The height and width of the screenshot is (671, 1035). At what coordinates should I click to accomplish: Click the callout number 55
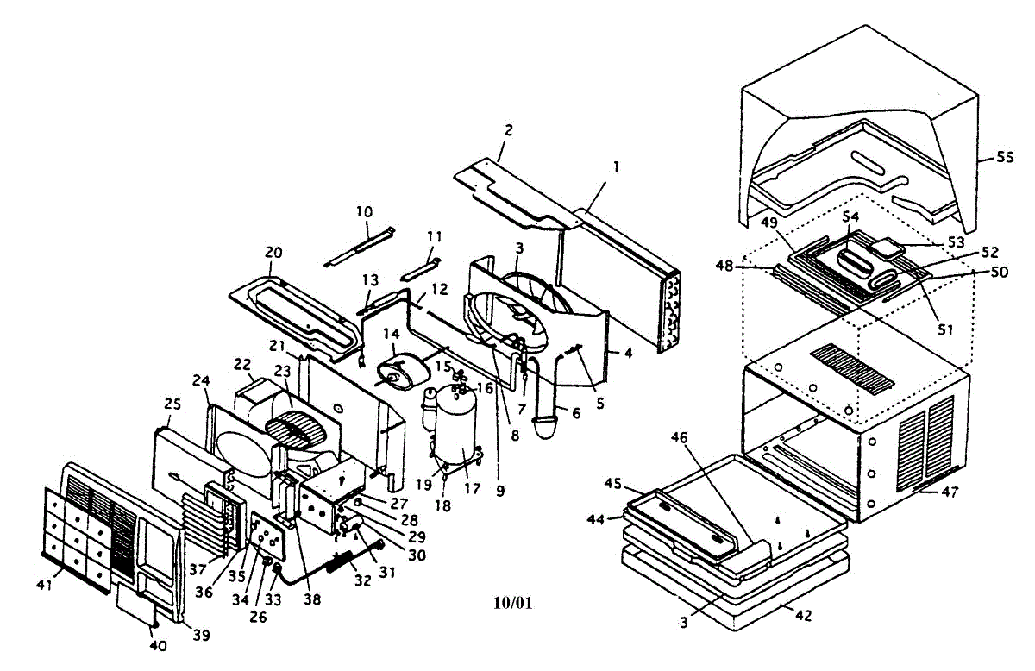[x=1005, y=158]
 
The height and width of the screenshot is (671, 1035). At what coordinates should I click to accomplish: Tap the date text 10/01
[x=513, y=603]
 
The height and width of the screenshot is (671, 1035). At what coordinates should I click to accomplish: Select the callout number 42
[x=804, y=615]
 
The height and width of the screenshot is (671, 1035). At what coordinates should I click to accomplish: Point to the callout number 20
[x=273, y=253]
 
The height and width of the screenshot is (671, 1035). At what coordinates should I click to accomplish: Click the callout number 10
[x=364, y=212]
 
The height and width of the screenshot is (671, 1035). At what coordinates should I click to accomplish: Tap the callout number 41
[x=44, y=585]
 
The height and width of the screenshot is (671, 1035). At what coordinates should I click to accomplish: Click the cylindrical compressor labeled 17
[x=456, y=425]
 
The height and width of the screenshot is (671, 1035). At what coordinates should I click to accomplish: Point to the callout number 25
[x=172, y=404]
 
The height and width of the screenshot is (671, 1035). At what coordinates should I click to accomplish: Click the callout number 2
[x=508, y=130]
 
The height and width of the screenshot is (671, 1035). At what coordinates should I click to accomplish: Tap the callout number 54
[x=850, y=216]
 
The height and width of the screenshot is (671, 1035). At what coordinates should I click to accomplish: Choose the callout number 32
[x=363, y=581]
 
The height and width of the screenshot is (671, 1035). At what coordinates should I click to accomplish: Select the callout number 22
[x=242, y=365]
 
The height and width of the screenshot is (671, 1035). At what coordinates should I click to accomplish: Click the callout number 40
[x=158, y=646]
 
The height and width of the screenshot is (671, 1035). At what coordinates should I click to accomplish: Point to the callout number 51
[x=945, y=330]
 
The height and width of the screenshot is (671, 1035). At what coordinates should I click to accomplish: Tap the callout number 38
[x=312, y=599]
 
